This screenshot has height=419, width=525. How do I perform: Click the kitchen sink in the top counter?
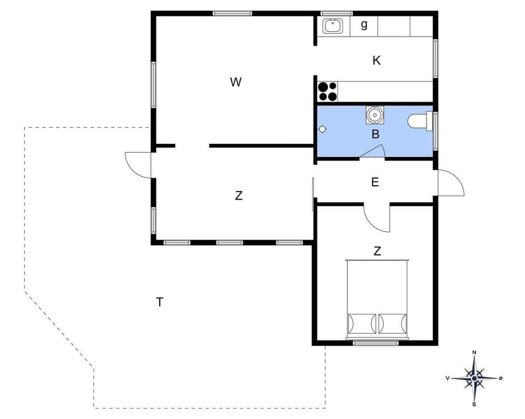(332, 25)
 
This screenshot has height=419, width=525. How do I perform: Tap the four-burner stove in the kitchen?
(328, 91)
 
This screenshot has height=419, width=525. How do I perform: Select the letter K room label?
(376, 61)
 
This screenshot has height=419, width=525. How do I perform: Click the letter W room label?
(236, 83)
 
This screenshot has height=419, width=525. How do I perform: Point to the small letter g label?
(364, 25)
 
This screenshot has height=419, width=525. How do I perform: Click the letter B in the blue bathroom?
(376, 134)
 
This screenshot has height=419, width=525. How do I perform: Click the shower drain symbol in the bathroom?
(323, 129)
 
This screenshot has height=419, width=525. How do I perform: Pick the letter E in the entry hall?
(375, 182)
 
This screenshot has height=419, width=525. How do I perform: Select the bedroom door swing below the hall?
(376, 218)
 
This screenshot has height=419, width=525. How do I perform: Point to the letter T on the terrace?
(159, 302)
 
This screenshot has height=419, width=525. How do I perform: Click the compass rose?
(474, 378)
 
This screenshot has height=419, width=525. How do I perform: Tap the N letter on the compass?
(474, 352)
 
